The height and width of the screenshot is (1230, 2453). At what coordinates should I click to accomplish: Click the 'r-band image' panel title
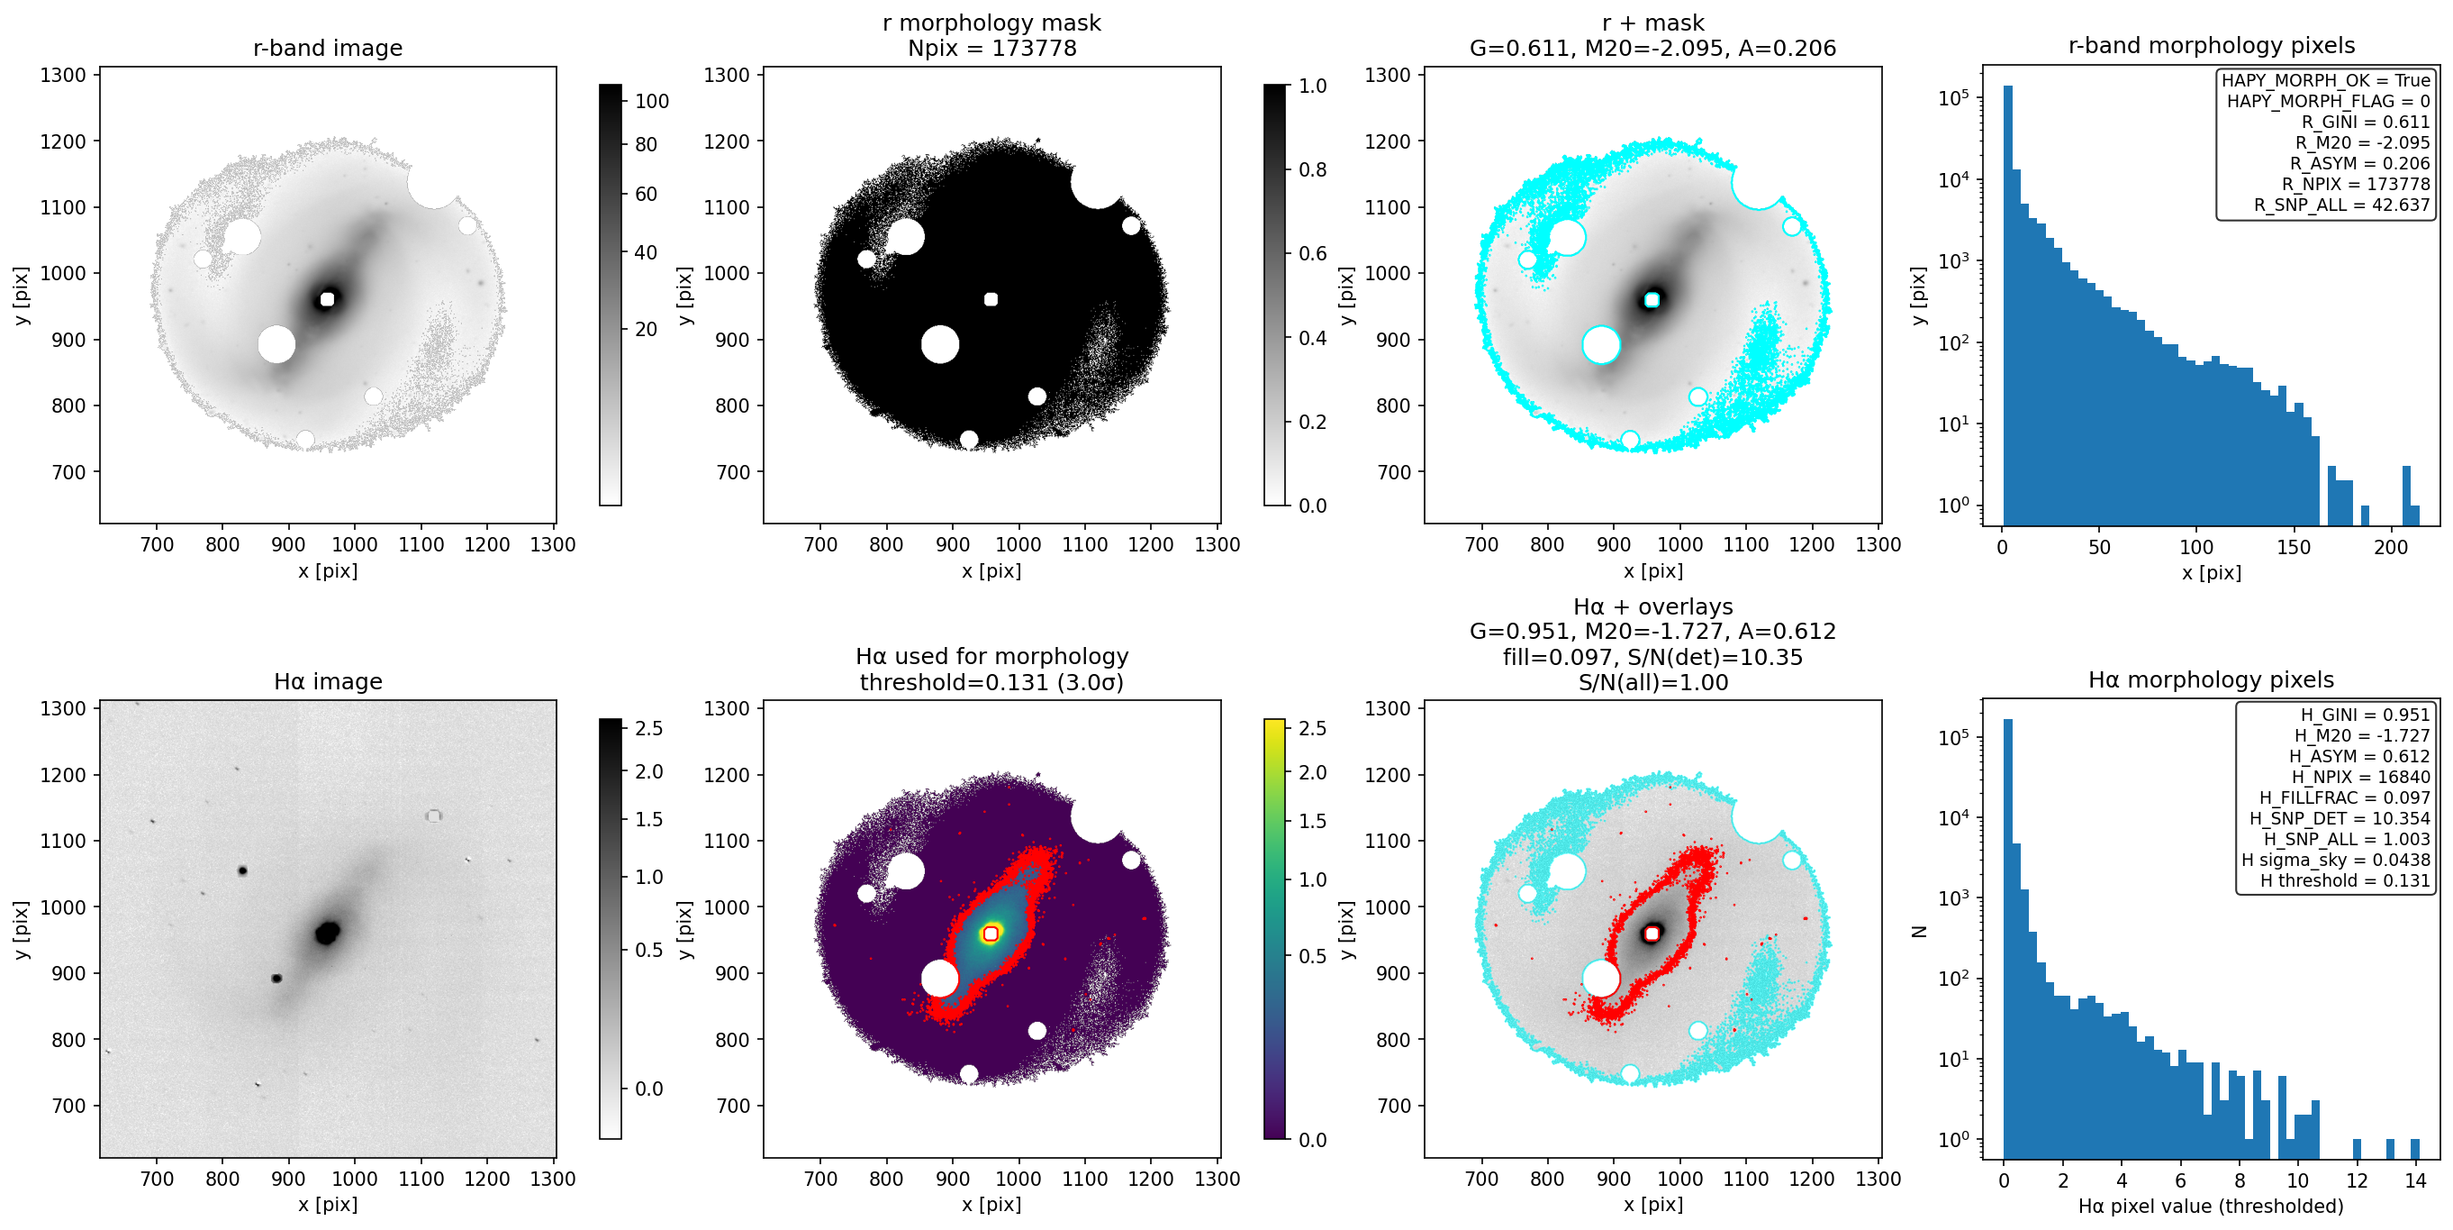coord(328,48)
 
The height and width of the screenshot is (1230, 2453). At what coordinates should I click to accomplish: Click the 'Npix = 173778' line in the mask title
coord(991,48)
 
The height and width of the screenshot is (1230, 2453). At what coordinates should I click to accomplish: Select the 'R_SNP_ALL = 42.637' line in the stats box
coord(2340,205)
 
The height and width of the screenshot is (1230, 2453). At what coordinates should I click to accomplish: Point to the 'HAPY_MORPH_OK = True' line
coord(2325,80)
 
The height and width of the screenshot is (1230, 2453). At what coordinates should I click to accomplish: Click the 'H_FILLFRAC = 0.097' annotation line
coord(2344,797)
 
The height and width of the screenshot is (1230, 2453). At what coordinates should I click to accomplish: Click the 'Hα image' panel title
coord(328,681)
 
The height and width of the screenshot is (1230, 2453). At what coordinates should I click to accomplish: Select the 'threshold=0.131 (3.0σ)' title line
coord(991,682)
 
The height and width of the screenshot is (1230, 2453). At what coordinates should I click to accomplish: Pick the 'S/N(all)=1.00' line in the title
coord(1652,682)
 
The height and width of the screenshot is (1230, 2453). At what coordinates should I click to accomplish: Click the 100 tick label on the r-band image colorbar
coord(651,101)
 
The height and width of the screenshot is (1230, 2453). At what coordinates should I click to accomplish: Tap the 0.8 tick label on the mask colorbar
coord(1312,169)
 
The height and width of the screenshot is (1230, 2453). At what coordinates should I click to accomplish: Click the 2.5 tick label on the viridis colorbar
coord(1312,728)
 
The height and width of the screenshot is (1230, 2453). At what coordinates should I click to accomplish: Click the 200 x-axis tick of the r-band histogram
coord(2390,547)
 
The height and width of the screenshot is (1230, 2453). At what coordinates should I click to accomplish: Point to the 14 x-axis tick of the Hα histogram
coord(2415,1180)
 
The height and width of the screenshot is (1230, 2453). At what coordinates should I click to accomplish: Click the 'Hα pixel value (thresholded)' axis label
coord(2210,1207)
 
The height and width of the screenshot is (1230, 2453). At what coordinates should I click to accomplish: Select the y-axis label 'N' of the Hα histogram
coord(1920,931)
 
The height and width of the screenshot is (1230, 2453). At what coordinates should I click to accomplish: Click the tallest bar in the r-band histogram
coord(2007,305)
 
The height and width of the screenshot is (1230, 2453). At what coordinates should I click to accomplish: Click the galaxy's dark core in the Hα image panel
coord(328,932)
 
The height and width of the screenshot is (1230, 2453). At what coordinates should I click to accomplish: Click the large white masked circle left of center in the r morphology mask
coord(940,344)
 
